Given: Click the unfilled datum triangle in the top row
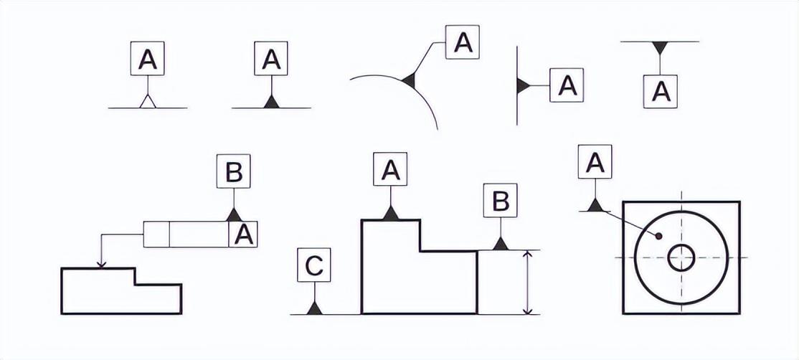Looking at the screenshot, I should [148, 102].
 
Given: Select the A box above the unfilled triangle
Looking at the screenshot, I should [148, 59].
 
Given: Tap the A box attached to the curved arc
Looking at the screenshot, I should [463, 42].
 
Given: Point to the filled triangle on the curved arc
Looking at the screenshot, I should [410, 80].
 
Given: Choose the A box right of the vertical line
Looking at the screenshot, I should [567, 86].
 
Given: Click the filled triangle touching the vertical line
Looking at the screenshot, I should [523, 86].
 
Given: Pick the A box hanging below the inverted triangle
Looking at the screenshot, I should [661, 91].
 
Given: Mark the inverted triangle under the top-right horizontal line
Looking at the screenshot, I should [660, 48].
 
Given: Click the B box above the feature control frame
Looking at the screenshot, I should [233, 171].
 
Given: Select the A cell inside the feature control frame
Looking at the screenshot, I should [245, 235].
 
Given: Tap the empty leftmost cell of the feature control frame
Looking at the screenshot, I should [156, 235].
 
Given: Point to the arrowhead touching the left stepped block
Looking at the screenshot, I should [101, 263].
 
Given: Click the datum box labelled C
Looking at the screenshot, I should [313, 265].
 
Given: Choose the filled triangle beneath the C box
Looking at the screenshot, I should [313, 308].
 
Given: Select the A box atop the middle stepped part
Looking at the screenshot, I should [390, 171].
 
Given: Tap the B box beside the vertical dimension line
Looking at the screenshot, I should [501, 201].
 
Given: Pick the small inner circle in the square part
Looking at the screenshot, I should [681, 257].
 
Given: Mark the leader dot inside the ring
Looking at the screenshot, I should [658, 235].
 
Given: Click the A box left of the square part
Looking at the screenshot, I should [595, 163].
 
